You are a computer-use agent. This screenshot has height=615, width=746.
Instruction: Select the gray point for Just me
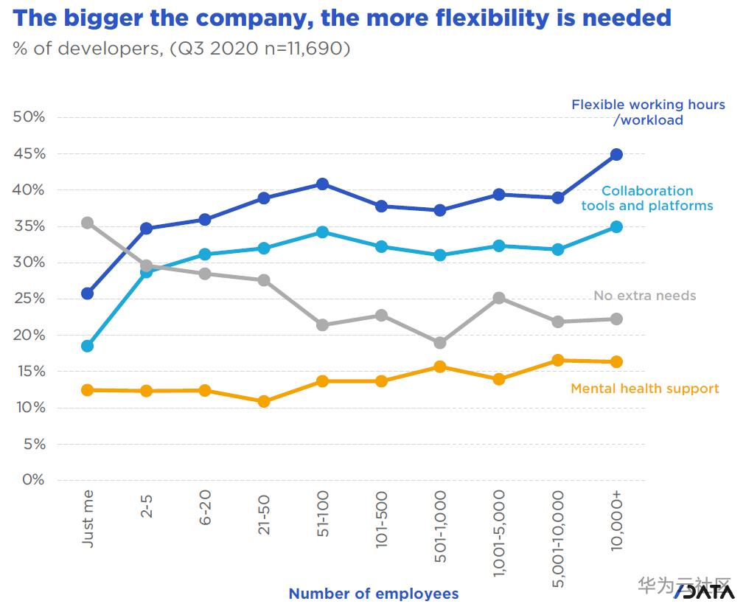tap(87, 223)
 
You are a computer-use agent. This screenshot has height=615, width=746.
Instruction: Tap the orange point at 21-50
tap(264, 402)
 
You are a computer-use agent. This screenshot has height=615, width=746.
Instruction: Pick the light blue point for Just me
tap(87, 346)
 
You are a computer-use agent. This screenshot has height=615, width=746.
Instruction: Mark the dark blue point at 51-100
tap(322, 184)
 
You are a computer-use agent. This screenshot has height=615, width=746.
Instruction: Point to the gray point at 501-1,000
tap(440, 343)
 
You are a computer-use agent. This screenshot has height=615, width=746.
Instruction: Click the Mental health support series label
tap(644, 389)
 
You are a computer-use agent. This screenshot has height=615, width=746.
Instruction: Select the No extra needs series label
tap(644, 296)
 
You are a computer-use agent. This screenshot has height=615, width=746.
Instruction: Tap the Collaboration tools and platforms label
tap(646, 198)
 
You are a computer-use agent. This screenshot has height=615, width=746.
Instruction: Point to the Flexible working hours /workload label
tap(648, 112)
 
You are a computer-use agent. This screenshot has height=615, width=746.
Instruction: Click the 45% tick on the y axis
tap(29, 154)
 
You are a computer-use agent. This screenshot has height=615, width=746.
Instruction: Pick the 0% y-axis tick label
tap(32, 480)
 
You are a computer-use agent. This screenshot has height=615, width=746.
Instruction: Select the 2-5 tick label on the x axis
tap(147, 507)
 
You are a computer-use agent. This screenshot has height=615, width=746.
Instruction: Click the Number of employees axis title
tap(373, 594)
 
